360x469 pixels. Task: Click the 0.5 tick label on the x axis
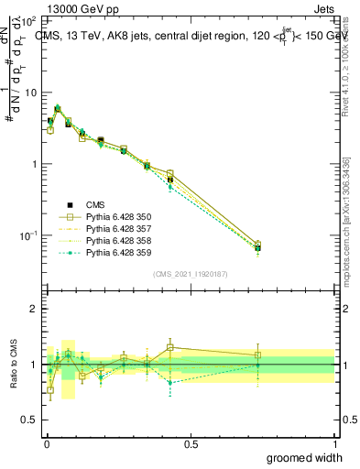(x=191, y=443)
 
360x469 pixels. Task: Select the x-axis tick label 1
(x=334, y=443)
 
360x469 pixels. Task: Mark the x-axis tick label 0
(x=47, y=443)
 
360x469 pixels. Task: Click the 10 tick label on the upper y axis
(x=31, y=93)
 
